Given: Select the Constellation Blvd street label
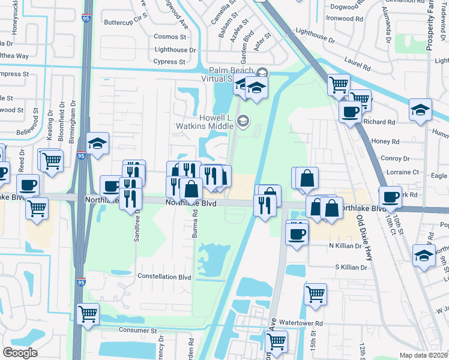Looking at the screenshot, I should pos(164,277).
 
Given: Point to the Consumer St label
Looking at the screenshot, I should pos(137,331).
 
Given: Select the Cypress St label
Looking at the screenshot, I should pos(169,62).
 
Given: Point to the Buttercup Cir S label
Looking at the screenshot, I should pos(125,20).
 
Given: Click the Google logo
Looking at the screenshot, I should pos(20,353).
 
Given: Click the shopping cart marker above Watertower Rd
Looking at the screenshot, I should pos(315,293).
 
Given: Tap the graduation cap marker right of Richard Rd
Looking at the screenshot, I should pos(420,110).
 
